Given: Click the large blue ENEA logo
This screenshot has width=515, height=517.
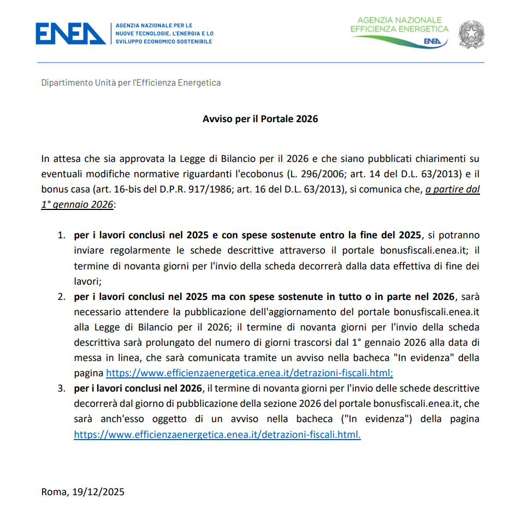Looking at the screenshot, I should (x=70, y=33).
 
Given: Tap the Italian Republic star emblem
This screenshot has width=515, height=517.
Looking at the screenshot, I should (x=471, y=34).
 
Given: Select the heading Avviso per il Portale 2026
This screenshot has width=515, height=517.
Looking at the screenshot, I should (x=260, y=119).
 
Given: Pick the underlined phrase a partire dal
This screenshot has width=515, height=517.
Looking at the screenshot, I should (x=453, y=190).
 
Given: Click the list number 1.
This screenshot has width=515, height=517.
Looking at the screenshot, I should (x=62, y=236).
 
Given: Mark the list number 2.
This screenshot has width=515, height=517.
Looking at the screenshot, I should (x=62, y=297).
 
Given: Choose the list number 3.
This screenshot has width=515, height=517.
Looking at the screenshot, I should (x=62, y=388).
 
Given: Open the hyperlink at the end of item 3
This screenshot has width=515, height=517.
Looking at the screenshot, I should (x=217, y=435).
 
